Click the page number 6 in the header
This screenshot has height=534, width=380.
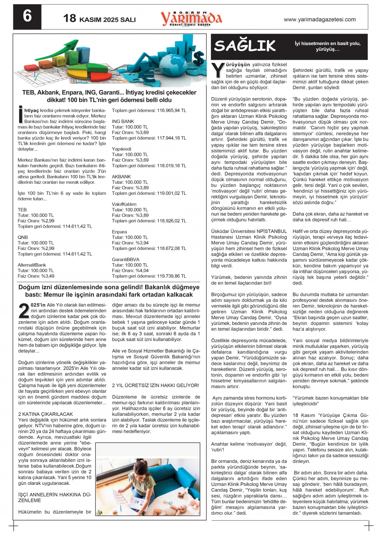point(27,16)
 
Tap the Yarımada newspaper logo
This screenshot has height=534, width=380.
point(191,18)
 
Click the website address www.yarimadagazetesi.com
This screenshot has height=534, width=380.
point(320,19)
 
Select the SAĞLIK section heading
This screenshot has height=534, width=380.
point(245,46)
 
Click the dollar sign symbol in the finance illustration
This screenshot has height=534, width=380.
point(198,58)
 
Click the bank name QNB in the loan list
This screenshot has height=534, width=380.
point(23,237)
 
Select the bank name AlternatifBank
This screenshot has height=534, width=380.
point(32,265)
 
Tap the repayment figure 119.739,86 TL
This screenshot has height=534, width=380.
point(171,276)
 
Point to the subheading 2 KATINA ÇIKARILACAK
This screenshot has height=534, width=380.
point(45,414)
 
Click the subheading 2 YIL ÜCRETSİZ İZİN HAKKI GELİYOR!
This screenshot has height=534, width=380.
point(155,385)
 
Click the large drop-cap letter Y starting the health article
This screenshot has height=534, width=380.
point(218,71)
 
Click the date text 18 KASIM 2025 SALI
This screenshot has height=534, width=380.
point(99,19)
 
